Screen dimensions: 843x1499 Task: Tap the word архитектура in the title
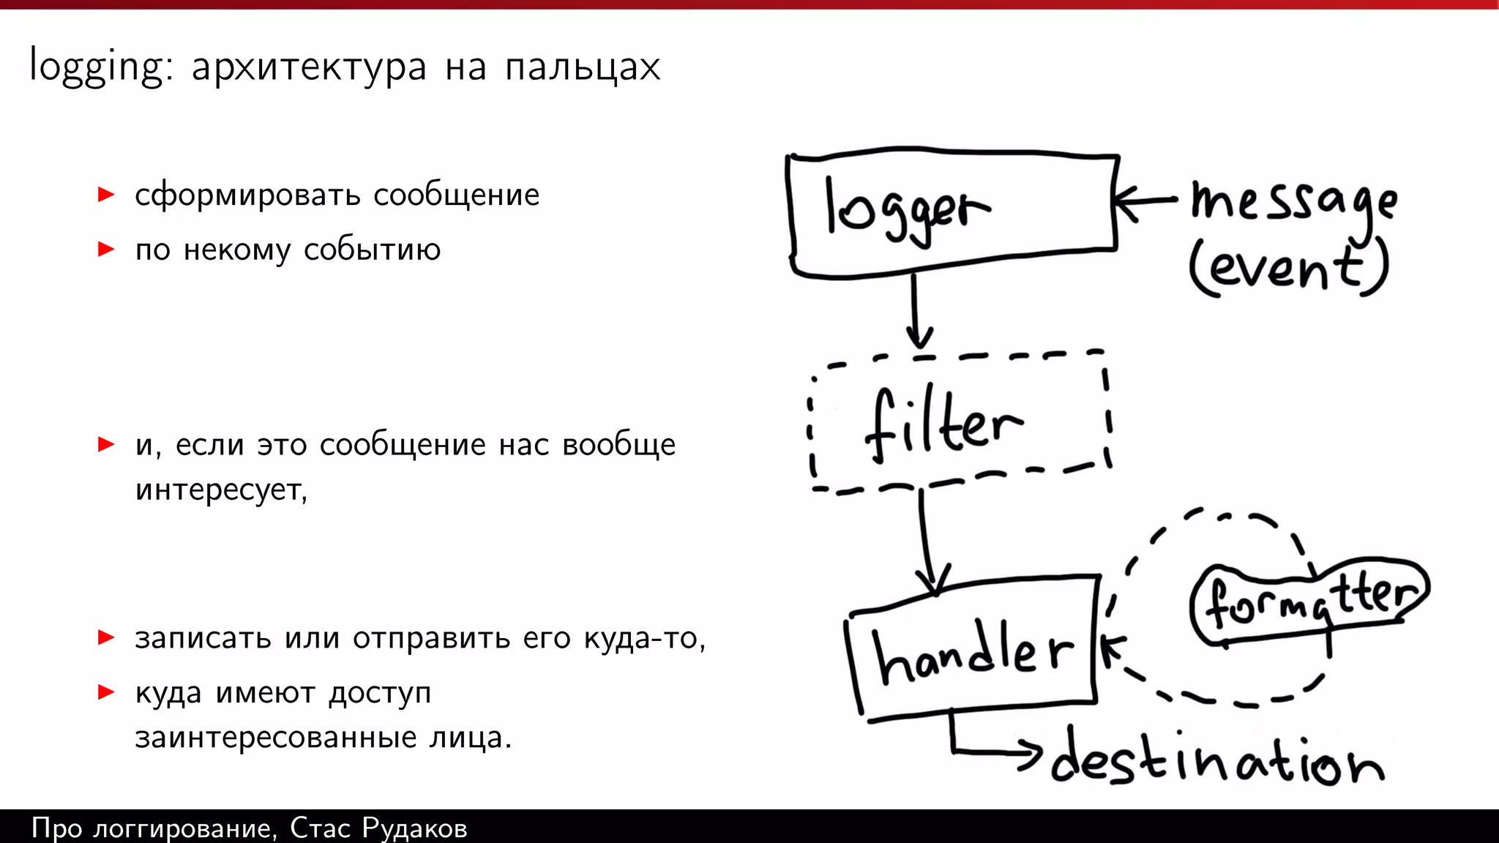point(308,67)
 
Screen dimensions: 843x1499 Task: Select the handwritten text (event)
point(1288,268)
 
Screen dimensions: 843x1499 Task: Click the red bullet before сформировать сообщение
point(107,195)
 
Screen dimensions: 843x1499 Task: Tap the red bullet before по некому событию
point(107,250)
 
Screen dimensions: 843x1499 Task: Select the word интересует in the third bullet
point(220,490)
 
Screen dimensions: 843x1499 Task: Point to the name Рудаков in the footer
point(414,828)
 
